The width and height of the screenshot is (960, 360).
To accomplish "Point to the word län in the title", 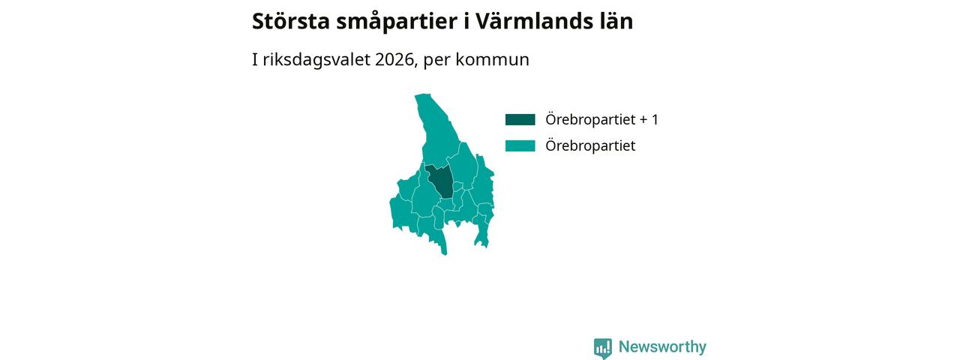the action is [615, 21].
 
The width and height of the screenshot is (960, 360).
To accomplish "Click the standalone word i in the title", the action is [466, 21].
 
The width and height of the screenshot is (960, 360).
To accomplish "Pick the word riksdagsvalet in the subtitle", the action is [316, 59].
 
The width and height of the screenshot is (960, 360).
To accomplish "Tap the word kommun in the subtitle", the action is [493, 59].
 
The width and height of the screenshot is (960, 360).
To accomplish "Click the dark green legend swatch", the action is [520, 119].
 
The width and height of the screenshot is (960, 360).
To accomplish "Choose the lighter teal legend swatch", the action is [520, 145].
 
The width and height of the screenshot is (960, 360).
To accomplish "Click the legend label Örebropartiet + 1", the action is [601, 119].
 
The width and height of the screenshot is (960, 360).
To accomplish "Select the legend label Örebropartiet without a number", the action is [590, 145].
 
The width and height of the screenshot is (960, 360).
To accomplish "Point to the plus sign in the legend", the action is [643, 120].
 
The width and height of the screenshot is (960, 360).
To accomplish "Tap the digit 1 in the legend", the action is [655, 119].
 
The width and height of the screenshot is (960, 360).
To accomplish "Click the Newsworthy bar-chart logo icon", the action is [603, 348].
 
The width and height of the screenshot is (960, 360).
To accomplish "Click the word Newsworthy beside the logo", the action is [662, 346].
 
